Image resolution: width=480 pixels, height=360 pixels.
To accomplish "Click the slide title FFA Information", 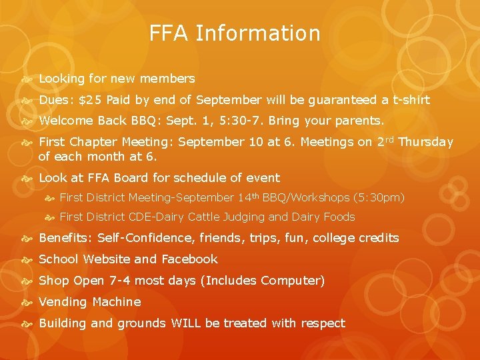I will click(x=235, y=33).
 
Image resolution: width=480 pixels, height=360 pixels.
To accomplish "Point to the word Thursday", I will click(x=425, y=142).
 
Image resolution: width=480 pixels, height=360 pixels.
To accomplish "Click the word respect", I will click(x=322, y=324).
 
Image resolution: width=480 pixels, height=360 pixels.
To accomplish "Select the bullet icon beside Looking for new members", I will click(x=28, y=79).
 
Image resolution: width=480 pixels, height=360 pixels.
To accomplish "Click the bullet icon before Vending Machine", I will click(x=28, y=303).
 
